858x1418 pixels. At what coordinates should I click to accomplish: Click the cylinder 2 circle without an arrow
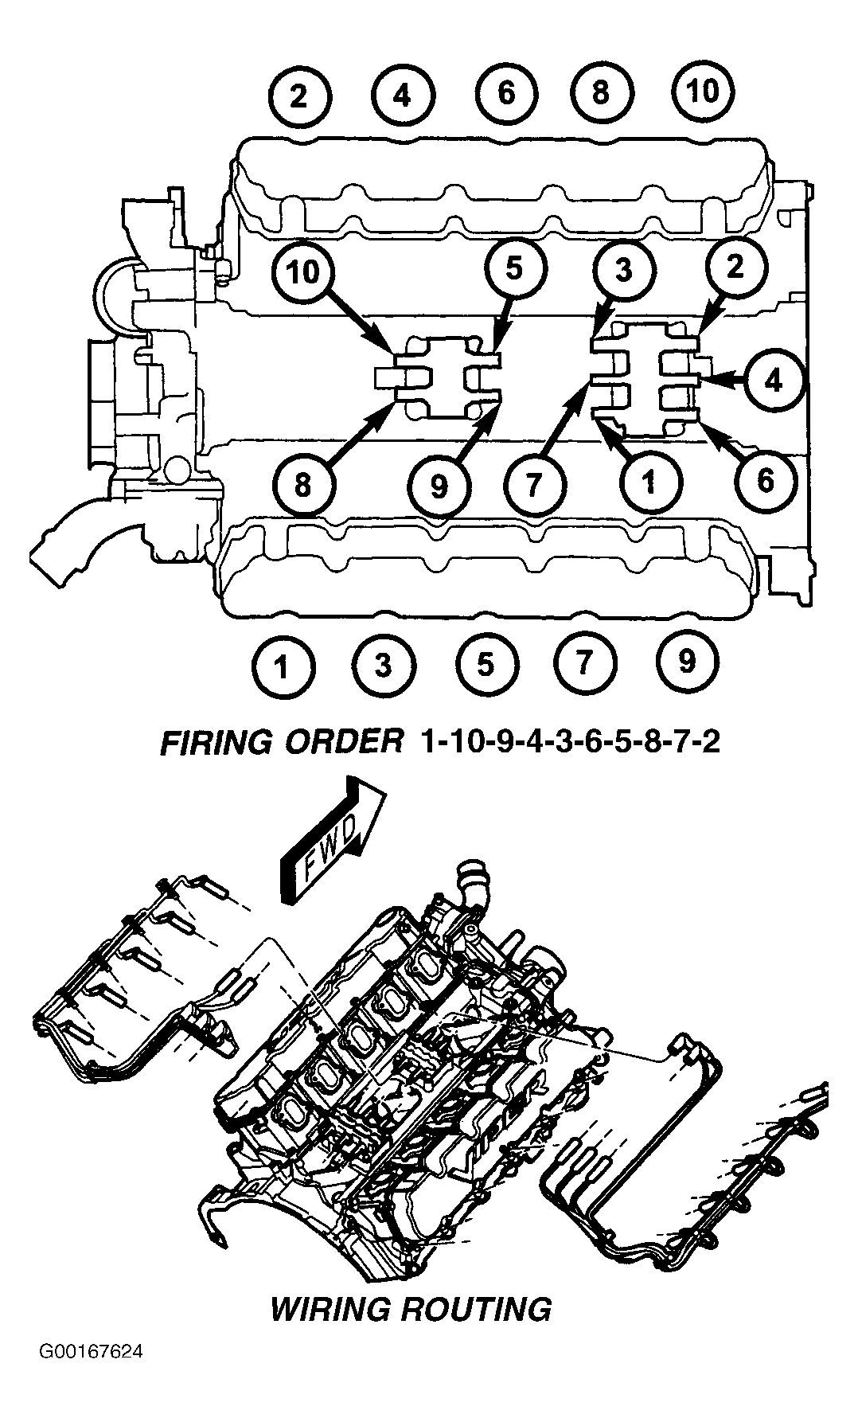pos(298,97)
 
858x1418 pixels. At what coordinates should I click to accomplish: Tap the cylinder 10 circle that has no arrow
pos(703,92)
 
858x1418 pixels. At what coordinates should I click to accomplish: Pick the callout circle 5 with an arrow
pos(515,268)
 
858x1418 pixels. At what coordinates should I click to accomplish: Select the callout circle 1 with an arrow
pos(649,481)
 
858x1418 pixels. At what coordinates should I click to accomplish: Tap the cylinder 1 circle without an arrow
pos(282,666)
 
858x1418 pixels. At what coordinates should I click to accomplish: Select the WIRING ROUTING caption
pos(411,1309)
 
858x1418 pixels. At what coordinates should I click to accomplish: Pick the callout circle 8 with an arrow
pos(302,484)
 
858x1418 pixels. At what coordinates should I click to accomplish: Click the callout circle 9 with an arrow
pos(439,485)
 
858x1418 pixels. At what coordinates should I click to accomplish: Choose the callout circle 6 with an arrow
pos(765,480)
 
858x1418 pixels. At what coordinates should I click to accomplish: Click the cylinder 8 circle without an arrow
pos(601,92)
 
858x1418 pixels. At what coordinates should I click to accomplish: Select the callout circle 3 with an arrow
pos(623,271)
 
